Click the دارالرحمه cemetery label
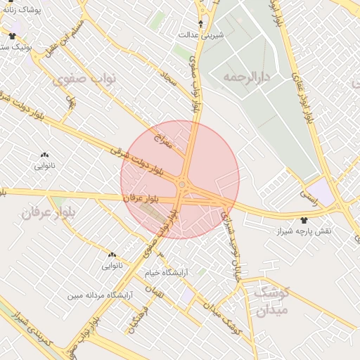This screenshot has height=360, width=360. tap(247, 76)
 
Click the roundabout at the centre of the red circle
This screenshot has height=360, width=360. tap(181, 185)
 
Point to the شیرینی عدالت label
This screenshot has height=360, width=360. tap(201, 34)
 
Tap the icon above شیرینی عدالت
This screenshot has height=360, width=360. tap(201, 23)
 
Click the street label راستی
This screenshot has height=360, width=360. tap(309, 196)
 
